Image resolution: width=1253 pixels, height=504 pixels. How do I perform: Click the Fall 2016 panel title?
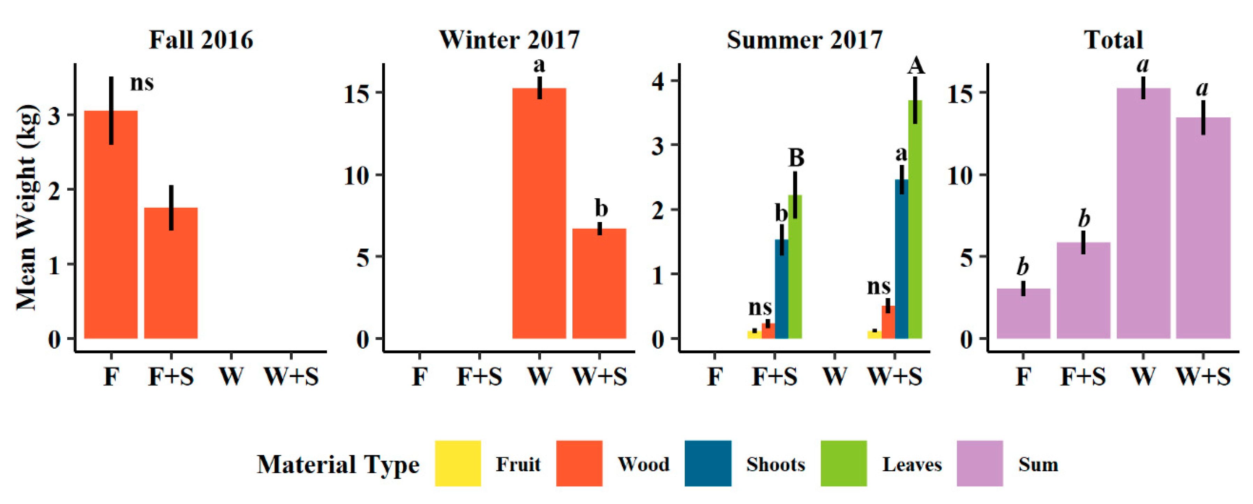click(x=201, y=40)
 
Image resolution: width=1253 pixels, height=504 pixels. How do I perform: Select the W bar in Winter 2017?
click(x=539, y=214)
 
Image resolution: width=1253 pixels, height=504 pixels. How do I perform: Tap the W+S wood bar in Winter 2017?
click(x=599, y=284)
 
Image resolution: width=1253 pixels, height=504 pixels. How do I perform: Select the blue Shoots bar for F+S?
click(x=781, y=292)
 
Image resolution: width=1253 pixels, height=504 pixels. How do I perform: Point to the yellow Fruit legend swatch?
click(x=458, y=463)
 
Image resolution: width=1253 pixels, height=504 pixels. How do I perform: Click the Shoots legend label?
click(x=775, y=465)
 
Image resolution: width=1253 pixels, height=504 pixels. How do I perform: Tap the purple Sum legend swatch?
click(x=979, y=463)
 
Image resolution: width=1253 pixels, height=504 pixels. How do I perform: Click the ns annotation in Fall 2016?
click(x=142, y=83)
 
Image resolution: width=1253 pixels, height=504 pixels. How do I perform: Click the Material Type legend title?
click(x=338, y=465)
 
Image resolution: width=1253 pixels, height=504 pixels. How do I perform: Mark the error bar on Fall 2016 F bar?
click(x=111, y=111)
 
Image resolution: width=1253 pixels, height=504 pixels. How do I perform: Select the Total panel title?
click(x=1113, y=40)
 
